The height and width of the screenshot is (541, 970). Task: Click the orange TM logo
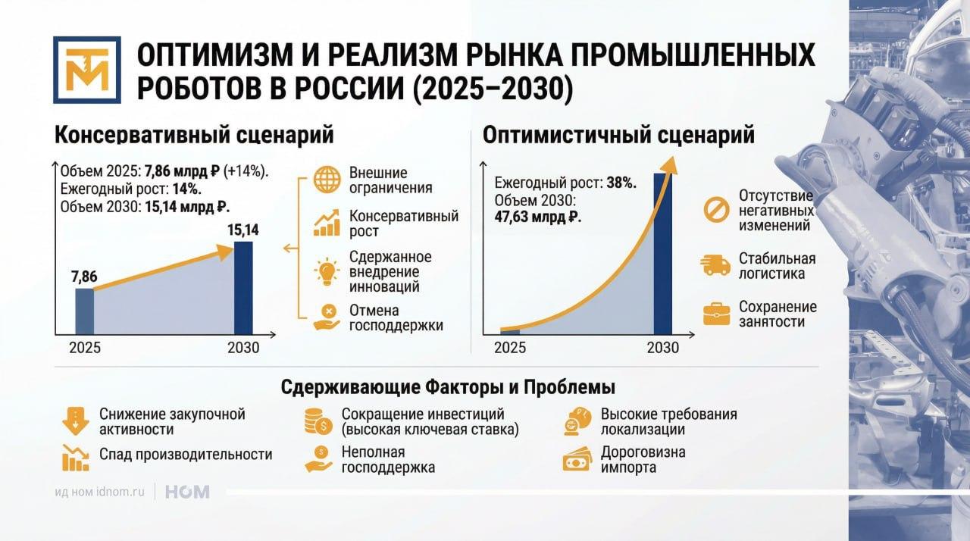point(87,70)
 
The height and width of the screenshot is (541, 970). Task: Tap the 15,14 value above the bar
point(243,230)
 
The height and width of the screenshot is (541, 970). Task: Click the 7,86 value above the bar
point(84,277)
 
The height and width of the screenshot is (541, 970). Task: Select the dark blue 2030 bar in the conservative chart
point(243,288)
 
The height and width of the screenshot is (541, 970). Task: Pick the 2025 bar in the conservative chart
point(84,311)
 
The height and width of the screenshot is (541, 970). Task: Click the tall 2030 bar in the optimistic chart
point(663,254)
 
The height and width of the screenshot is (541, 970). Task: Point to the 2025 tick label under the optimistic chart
point(510,348)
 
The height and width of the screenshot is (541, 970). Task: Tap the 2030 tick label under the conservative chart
point(243,348)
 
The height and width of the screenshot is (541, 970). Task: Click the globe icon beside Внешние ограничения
point(327,180)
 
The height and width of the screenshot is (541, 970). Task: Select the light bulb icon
point(327,272)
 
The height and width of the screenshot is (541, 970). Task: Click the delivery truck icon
point(715,265)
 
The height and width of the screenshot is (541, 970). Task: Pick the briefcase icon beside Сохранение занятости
point(717,314)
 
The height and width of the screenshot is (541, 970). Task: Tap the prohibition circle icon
point(717,210)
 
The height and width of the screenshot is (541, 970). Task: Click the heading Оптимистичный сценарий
point(618,135)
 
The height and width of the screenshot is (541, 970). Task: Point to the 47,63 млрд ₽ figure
point(538,217)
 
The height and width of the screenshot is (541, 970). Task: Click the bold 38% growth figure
point(621,183)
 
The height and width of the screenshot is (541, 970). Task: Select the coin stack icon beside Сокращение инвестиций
point(318,421)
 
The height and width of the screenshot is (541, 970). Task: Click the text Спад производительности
point(186,455)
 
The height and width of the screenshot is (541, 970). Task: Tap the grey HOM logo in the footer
point(187,492)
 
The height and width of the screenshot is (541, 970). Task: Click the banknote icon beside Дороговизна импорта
point(577,458)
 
